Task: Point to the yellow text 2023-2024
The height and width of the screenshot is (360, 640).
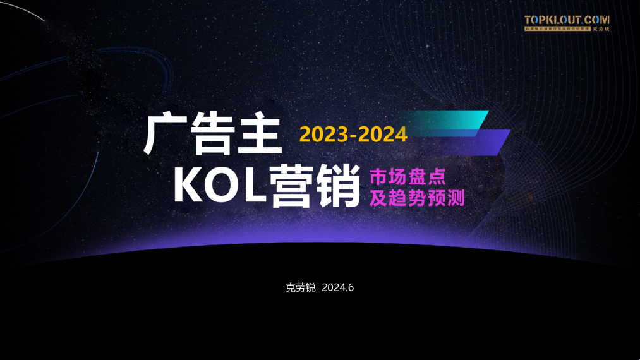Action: [353, 134]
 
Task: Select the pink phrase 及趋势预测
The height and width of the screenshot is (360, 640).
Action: [417, 198]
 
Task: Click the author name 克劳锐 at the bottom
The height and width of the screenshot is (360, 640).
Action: [300, 287]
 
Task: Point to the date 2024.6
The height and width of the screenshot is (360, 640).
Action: [337, 287]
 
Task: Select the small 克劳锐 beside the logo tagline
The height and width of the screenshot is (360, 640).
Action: [601, 29]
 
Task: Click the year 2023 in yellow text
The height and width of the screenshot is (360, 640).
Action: [322, 134]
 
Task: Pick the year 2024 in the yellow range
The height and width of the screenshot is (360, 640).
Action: [383, 134]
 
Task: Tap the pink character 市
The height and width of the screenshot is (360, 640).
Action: [378, 176]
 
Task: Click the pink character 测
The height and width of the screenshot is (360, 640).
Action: [456, 198]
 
